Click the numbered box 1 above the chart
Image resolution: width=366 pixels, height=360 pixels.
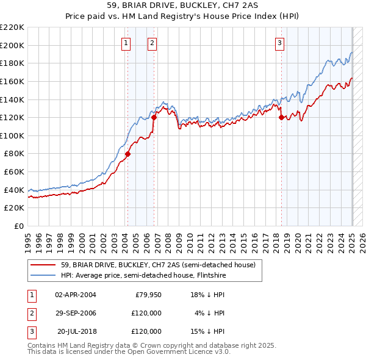point(125,43)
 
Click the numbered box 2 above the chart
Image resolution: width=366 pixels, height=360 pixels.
point(152,43)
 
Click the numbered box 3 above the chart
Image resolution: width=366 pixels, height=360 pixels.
point(279,43)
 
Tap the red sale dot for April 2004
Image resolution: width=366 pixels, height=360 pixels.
point(127,154)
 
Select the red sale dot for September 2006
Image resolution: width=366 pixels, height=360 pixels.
point(154,118)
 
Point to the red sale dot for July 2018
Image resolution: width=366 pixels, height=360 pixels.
point(281,118)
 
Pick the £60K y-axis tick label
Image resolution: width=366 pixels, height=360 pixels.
point(14,172)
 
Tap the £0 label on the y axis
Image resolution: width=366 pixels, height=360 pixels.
point(20,226)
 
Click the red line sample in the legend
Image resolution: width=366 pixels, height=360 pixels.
point(43,265)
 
